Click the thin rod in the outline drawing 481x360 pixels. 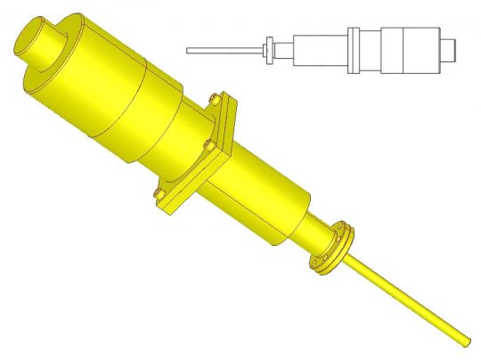point(223,50)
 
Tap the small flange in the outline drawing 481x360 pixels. point(268,50)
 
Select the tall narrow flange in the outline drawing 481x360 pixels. point(354,50)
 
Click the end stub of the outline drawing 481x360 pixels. point(451,47)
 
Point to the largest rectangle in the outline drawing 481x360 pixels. point(409,49)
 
